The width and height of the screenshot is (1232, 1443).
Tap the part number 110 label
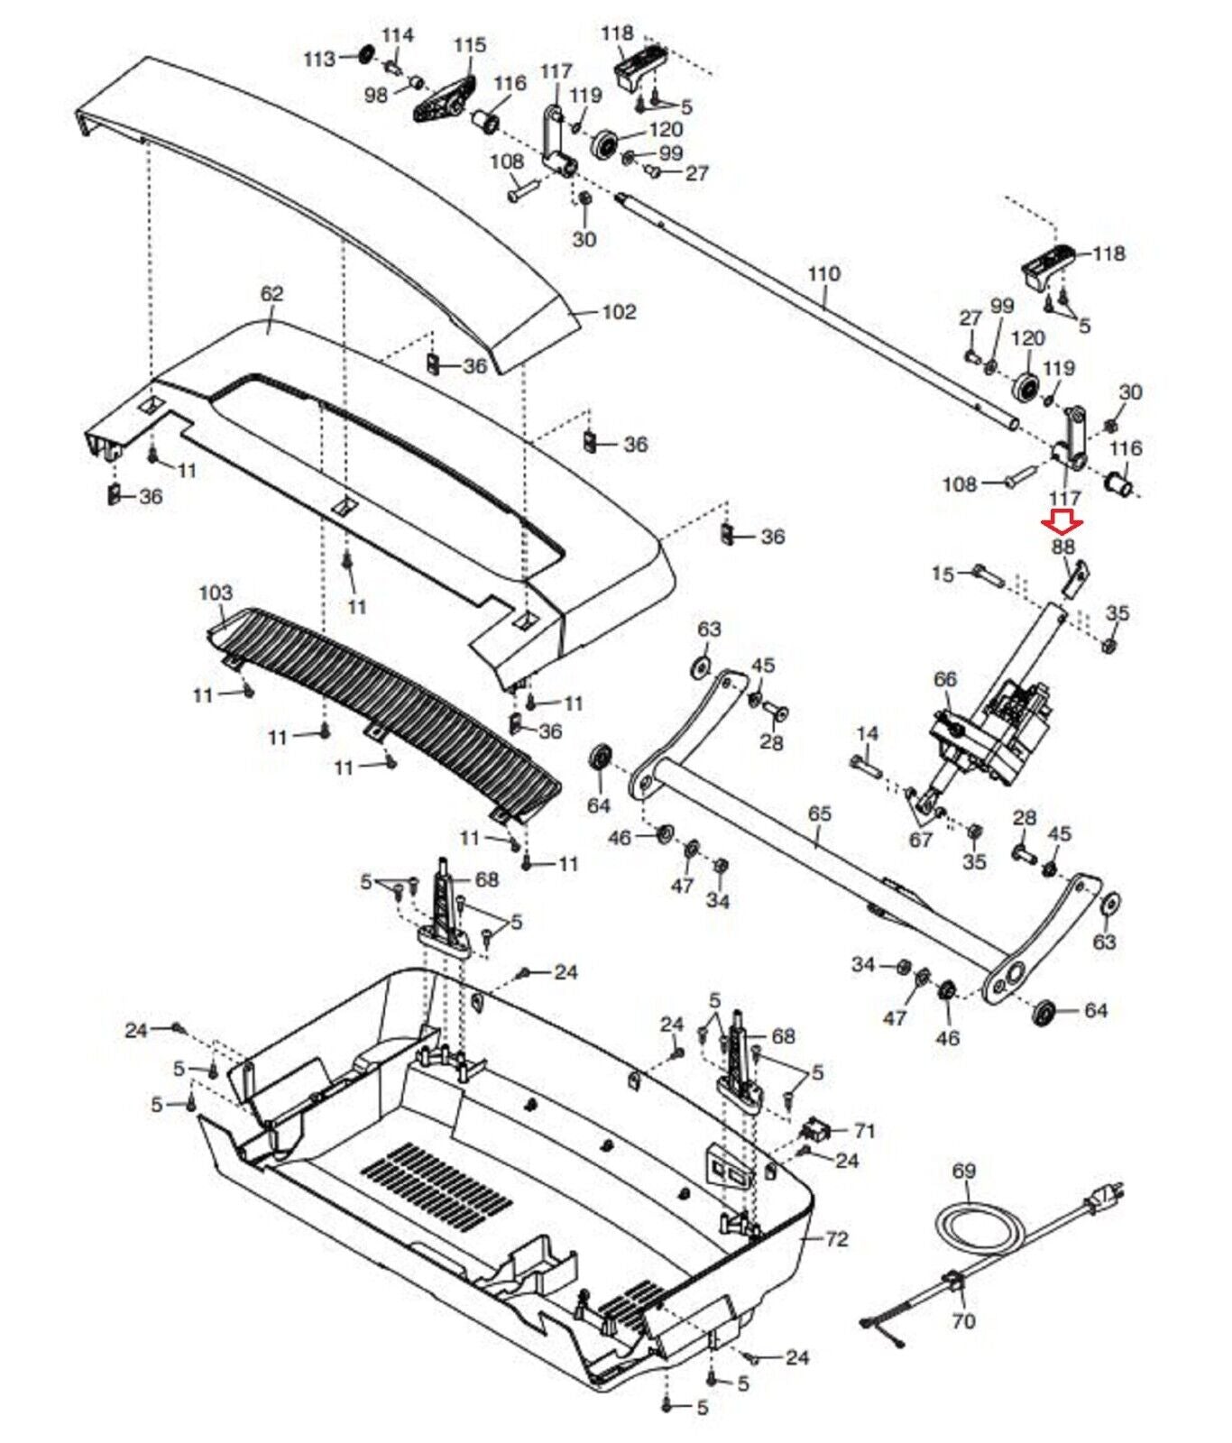pyautogui.click(x=823, y=273)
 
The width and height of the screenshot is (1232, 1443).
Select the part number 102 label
pyautogui.click(x=619, y=312)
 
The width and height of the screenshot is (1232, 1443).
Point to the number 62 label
pyautogui.click(x=271, y=294)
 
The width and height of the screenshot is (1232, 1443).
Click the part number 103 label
pyautogui.click(x=216, y=593)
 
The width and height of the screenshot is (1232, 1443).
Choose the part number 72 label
pyautogui.click(x=837, y=1239)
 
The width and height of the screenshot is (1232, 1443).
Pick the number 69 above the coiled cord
pyautogui.click(x=964, y=1171)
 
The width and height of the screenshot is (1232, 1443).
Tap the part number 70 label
pyautogui.click(x=963, y=1321)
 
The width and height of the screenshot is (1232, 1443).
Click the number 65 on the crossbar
pyautogui.click(x=819, y=813)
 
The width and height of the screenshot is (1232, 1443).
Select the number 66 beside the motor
pyautogui.click(x=944, y=679)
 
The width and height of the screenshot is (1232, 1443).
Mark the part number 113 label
pyautogui.click(x=319, y=59)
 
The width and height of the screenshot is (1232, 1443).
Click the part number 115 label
pyautogui.click(x=469, y=44)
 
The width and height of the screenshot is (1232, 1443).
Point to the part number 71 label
pyautogui.click(x=864, y=1130)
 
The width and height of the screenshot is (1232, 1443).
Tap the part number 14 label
pyautogui.click(x=867, y=734)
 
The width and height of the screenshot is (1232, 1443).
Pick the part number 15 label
pyautogui.click(x=942, y=574)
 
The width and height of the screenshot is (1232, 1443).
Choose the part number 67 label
pyautogui.click(x=920, y=841)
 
